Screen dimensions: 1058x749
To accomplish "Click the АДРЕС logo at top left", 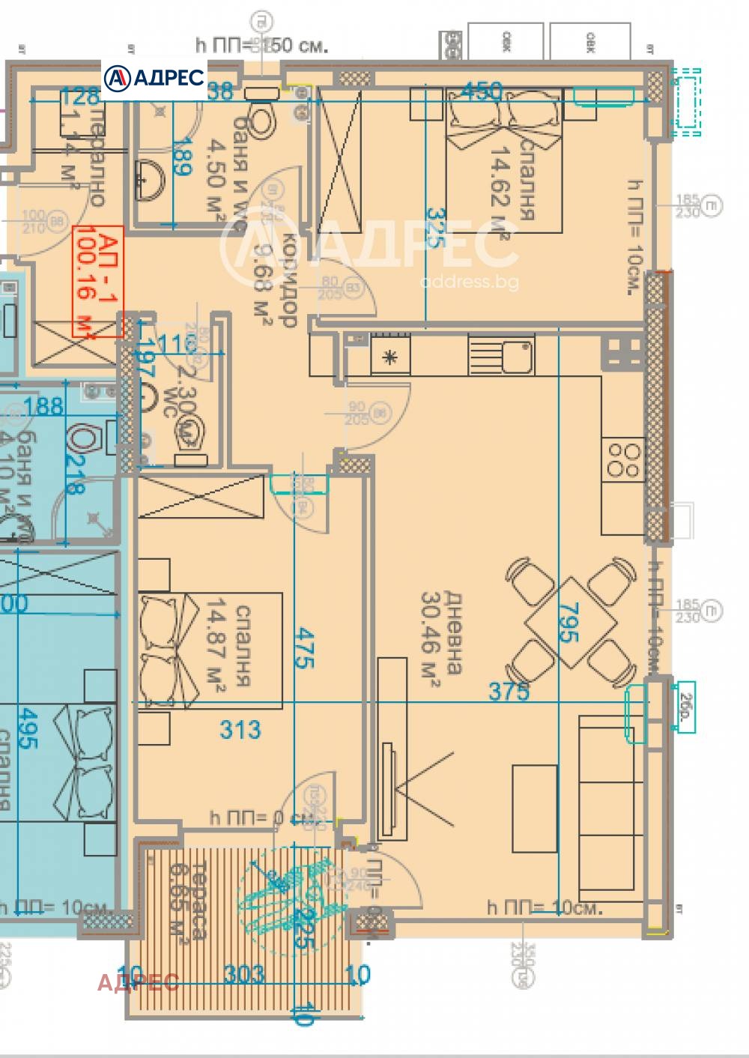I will point(154,77).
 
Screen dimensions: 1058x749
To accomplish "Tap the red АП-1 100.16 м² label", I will point(97,281).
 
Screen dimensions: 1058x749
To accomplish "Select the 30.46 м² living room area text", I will point(442,633).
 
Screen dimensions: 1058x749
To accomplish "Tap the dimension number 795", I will point(569,622).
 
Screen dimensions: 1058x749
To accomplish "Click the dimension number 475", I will point(303,649).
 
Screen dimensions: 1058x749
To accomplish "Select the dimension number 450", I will point(481,91).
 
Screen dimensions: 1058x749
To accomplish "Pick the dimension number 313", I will point(240,729).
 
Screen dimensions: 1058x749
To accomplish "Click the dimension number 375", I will point(509,692).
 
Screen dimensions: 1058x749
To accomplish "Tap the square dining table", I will point(571,621).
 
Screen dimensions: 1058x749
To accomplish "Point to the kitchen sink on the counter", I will point(517,355).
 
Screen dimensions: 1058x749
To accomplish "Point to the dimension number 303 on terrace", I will point(244,974).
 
